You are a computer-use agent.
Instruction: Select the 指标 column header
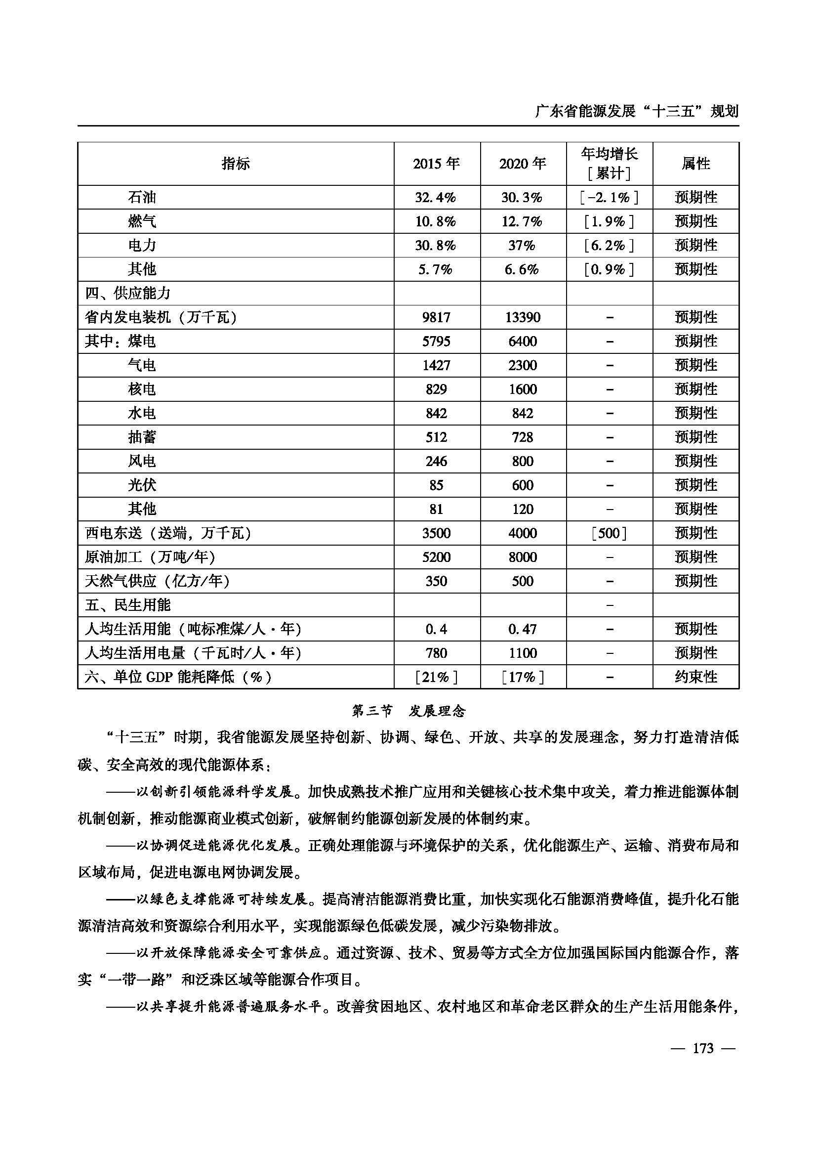coord(236,164)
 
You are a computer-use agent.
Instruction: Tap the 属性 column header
coord(696,164)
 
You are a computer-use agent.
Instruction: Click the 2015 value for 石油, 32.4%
coord(436,197)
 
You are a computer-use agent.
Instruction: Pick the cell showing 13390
coord(523,317)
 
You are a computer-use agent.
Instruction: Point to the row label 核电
coord(142,389)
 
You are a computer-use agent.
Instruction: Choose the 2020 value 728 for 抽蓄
coord(523,437)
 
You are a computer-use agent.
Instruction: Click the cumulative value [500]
coord(609,533)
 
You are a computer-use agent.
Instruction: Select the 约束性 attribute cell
coord(696,677)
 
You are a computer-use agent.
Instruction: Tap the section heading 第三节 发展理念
coord(408,711)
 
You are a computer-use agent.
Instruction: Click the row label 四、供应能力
coord(128,293)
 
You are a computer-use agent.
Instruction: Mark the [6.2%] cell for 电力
coord(609,245)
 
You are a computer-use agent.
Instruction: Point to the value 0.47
coord(523,629)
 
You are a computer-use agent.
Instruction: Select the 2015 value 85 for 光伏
coord(436,485)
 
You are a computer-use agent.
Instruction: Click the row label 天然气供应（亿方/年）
coord(157,581)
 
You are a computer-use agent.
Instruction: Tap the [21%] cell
coord(436,677)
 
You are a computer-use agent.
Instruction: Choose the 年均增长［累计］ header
coord(609,164)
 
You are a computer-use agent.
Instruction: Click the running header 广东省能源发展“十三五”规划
coord(636,111)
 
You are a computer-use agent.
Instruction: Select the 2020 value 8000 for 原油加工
coord(523,557)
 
